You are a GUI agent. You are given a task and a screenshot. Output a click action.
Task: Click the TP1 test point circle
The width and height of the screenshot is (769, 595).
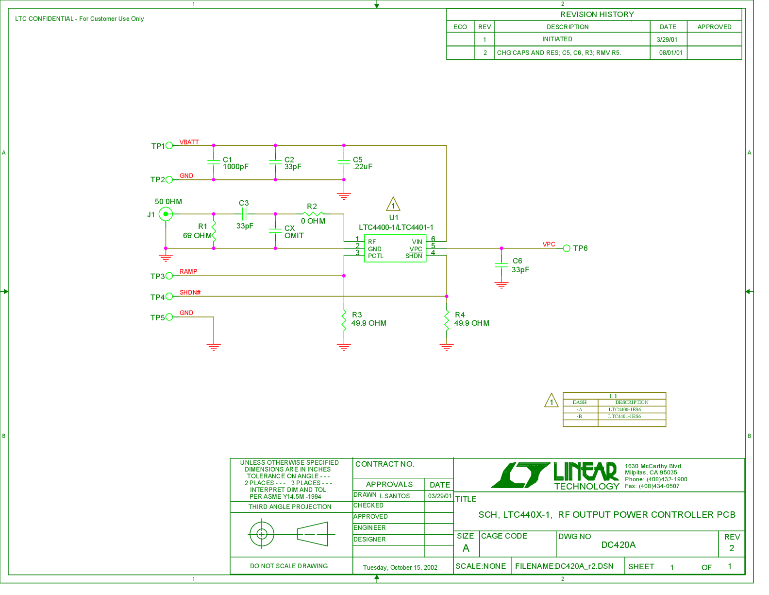pos(169,145)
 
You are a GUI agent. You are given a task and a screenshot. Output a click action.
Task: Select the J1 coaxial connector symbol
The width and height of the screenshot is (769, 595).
pos(166,214)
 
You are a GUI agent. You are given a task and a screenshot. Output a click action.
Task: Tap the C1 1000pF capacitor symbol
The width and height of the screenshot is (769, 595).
pos(214,162)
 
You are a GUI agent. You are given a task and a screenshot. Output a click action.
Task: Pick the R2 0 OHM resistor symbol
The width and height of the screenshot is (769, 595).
pos(313,214)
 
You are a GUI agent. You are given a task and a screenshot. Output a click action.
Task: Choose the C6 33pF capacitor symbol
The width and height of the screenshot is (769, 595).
pos(502,265)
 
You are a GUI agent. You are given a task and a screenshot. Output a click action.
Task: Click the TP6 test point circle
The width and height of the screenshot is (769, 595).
pos(567,248)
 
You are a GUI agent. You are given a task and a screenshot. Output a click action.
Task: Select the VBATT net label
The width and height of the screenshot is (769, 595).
pos(189,142)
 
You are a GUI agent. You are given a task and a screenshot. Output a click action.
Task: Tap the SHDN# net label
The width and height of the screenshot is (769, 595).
pos(190,293)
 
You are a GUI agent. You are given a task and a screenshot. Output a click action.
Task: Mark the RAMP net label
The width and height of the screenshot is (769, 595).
pos(188,272)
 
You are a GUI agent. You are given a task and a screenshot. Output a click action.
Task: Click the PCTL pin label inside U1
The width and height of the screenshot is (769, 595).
pos(376,256)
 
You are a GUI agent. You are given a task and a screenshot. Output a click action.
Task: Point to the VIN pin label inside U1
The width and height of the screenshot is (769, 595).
pos(417,242)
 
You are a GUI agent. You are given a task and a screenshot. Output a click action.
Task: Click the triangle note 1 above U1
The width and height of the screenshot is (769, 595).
pos(393,205)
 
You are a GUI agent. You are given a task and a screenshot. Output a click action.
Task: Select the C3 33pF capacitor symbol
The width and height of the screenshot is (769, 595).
pos(244,214)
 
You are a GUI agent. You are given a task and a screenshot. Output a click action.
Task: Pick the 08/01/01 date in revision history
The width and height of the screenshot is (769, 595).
pos(671,53)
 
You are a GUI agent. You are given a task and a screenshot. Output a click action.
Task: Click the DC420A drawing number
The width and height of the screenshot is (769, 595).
pos(619,545)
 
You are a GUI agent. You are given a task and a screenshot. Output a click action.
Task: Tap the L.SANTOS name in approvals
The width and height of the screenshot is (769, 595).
pos(395,496)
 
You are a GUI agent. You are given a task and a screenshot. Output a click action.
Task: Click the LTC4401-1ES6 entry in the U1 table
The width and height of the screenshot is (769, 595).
pos(624,417)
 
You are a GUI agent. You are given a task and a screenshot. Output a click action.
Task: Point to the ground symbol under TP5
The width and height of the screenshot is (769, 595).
pos(214,347)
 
